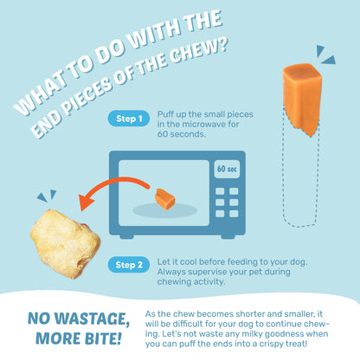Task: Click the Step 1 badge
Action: (129, 119)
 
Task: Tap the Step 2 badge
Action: (129, 265)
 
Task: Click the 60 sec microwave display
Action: (227, 169)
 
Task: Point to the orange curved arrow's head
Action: (86, 202)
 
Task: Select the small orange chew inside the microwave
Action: (165, 199)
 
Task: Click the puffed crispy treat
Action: (65, 244)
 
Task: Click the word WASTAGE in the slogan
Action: (93, 318)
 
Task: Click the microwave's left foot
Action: (126, 236)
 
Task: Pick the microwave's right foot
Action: (228, 236)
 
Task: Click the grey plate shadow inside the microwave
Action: (165, 210)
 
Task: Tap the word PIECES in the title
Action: (87, 96)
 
